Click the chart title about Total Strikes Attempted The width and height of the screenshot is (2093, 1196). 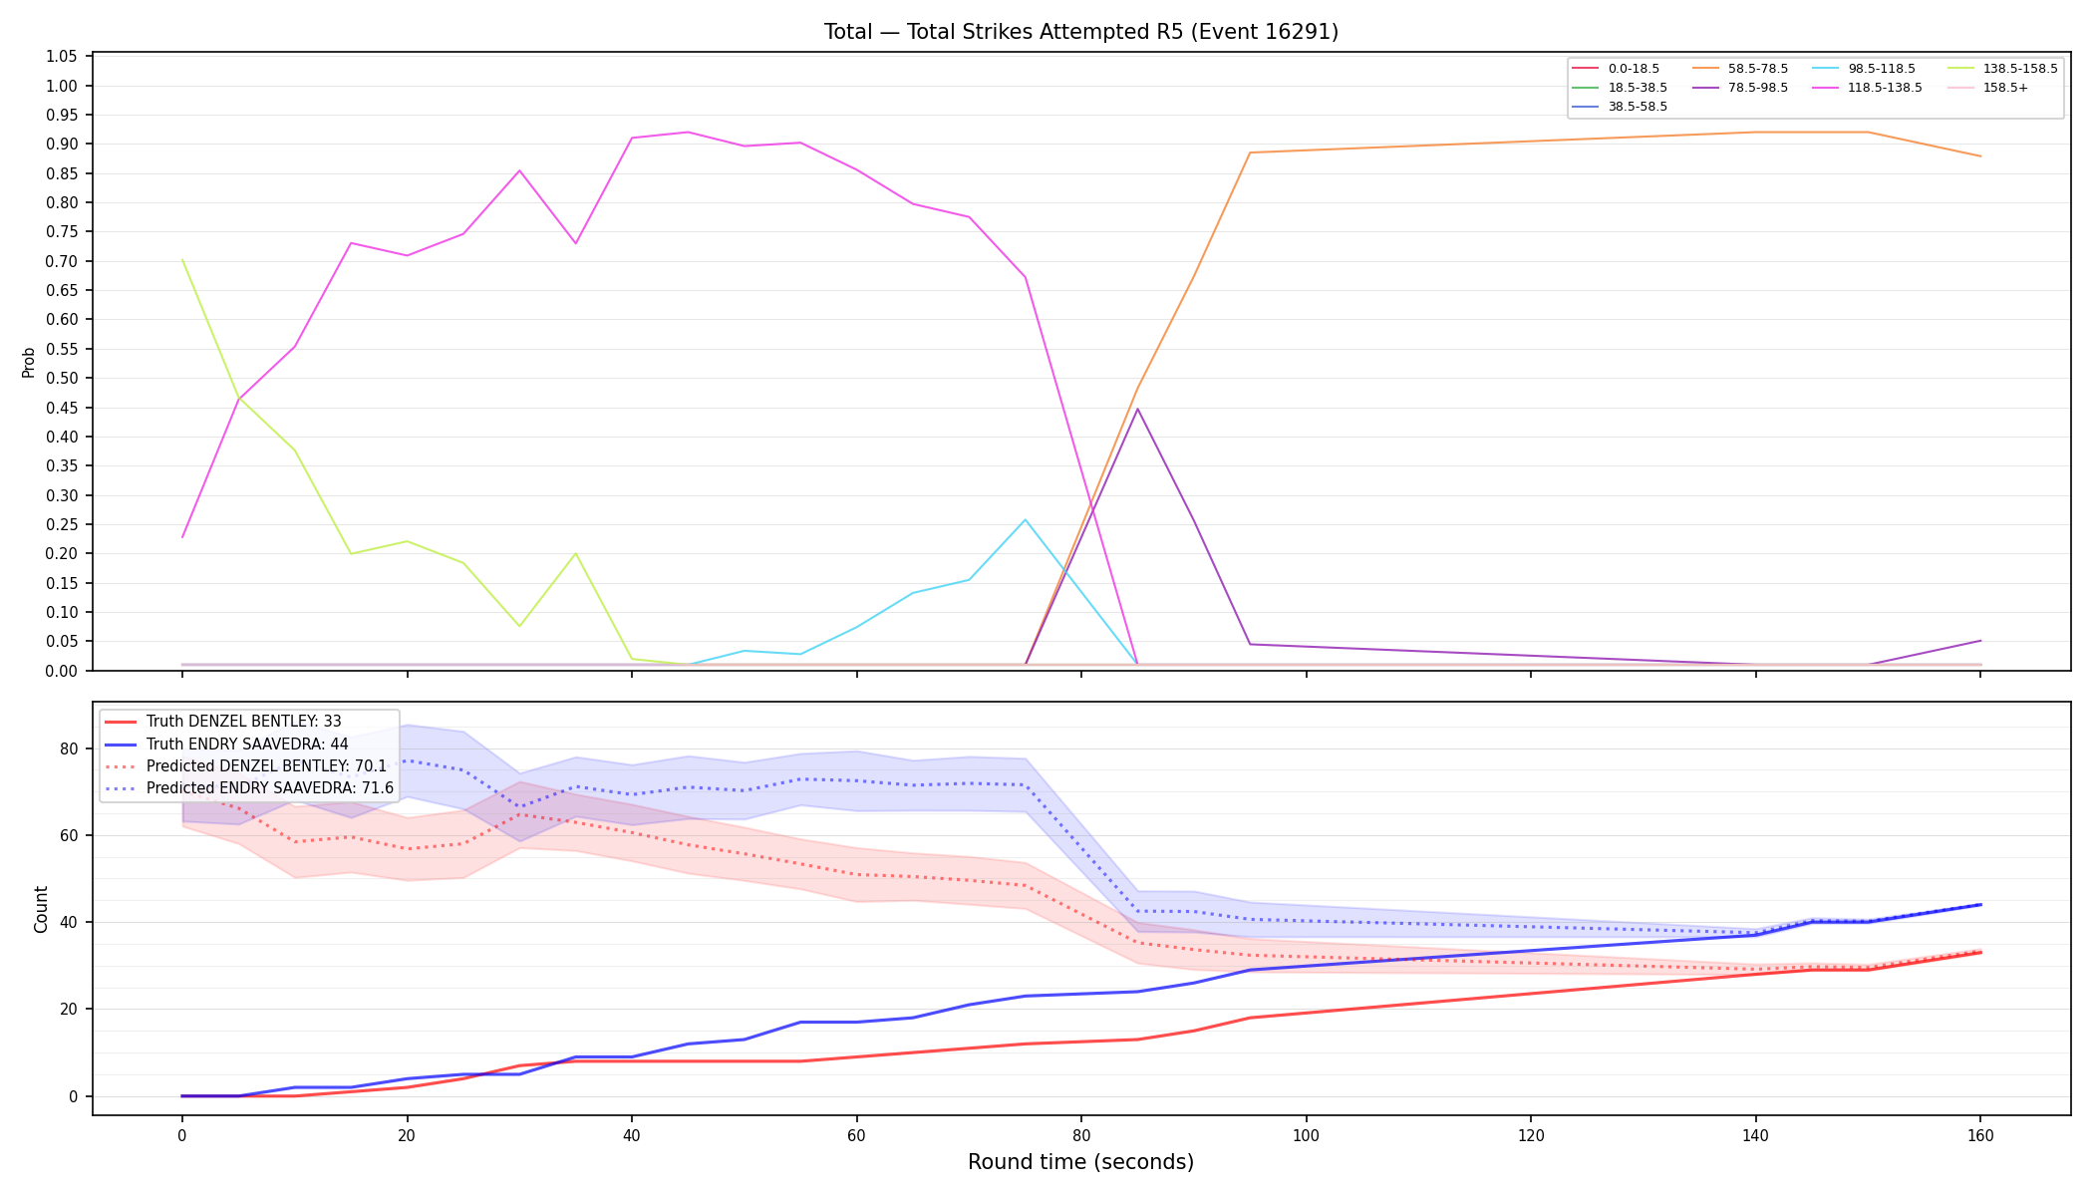[x=1080, y=32]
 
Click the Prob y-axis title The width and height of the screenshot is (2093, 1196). [x=29, y=362]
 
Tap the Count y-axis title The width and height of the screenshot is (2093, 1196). [x=41, y=909]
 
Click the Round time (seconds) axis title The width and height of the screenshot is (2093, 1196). [x=1080, y=1162]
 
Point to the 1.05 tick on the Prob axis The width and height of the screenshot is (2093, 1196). [x=62, y=57]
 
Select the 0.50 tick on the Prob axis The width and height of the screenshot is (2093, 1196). [x=62, y=379]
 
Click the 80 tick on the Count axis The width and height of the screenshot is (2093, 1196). [x=70, y=748]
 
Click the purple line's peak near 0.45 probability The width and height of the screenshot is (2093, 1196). [x=1137, y=409]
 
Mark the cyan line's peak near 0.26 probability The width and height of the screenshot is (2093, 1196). [x=1025, y=519]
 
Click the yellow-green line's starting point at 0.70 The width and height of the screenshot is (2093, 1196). [x=182, y=260]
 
